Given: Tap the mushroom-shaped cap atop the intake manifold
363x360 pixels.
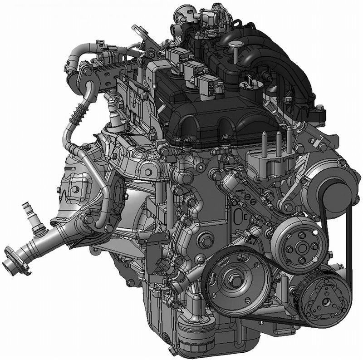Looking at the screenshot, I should pyautogui.click(x=235, y=45).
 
